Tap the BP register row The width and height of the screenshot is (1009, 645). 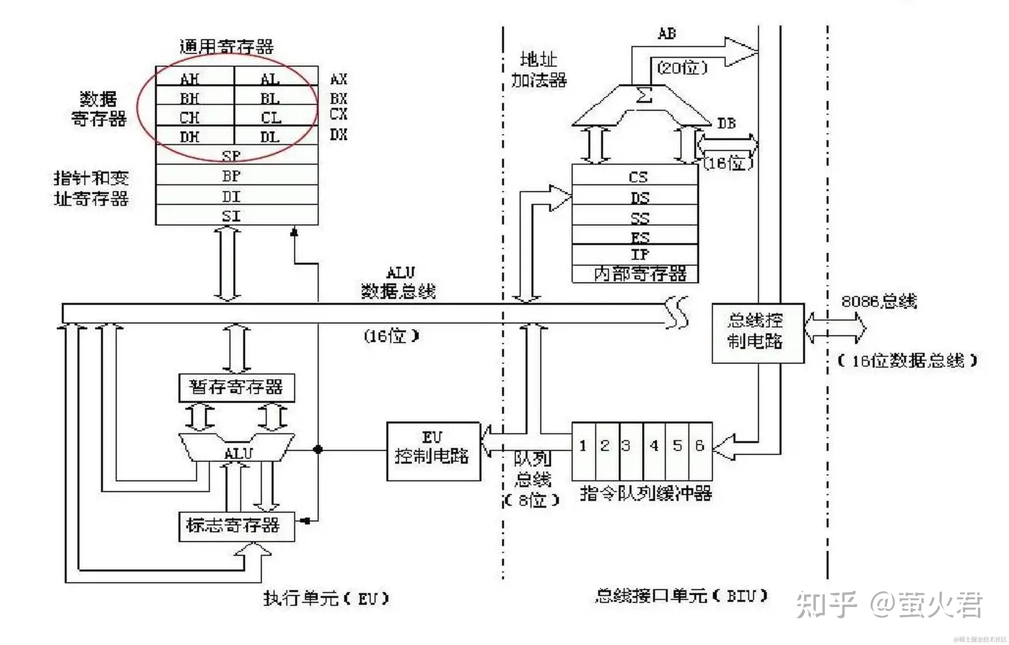pos(236,175)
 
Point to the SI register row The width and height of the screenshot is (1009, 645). pos(236,215)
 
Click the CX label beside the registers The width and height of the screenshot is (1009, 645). pos(338,114)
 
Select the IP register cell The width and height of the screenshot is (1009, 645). pos(635,254)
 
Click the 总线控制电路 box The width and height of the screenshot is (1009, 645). pos(758,333)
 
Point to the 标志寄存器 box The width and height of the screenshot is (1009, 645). pos(236,526)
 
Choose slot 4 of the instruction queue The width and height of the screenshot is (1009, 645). pos(654,450)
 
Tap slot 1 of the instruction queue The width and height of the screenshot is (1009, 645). pos(583,450)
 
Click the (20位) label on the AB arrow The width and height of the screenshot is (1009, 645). pos(682,67)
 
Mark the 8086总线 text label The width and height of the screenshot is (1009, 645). pos(879,301)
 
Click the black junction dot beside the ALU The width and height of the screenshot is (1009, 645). pos(318,450)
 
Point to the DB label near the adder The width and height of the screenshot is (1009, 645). pos(726,123)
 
